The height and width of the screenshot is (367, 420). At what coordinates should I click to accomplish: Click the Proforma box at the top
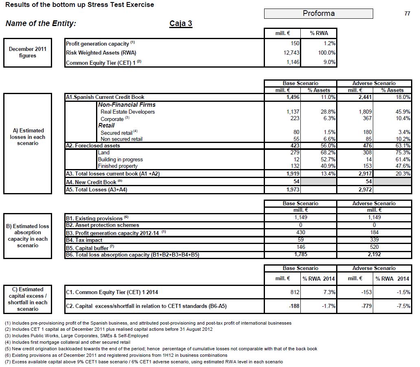pos(319,13)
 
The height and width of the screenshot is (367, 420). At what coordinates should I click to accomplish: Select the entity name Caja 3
pos(181,23)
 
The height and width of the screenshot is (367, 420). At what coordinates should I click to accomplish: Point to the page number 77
pos(407,13)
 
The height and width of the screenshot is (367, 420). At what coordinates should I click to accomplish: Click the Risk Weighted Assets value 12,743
pos(291,53)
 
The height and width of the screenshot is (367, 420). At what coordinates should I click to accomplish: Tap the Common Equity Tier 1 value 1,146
pos(292,62)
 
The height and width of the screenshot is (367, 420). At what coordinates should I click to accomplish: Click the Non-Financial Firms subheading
pos(127,105)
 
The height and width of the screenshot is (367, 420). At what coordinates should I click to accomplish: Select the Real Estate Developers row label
pos(127,112)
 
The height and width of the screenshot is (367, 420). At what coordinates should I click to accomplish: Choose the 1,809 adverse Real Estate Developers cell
pos(365,112)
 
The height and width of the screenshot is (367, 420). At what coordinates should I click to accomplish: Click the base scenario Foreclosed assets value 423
pos(294,145)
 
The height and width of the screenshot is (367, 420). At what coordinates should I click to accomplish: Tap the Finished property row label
pos(118,166)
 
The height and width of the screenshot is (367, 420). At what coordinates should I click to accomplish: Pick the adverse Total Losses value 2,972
pos(365,189)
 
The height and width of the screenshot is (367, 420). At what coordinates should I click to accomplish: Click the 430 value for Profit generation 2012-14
pos(301,232)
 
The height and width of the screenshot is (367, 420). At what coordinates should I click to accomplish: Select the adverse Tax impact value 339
pos(374,240)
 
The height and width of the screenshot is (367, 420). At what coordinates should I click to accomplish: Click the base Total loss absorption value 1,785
pos(301,255)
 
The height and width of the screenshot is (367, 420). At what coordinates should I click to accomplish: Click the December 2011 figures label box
pos(28,53)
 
